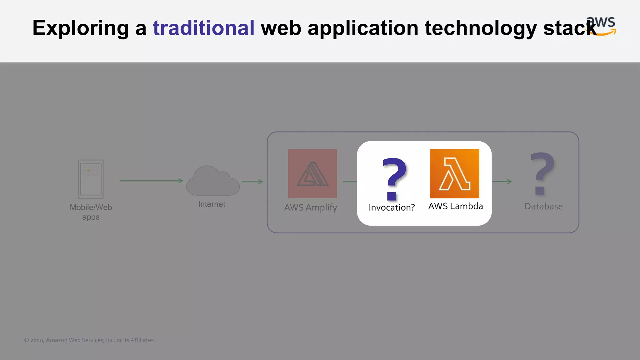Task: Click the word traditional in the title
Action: coord(203,28)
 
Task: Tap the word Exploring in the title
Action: coord(81,28)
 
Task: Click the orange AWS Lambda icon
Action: coord(454,173)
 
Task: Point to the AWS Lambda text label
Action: coord(455,206)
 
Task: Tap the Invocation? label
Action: coord(392,207)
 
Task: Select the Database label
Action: coord(543,207)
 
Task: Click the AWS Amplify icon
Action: coord(312,173)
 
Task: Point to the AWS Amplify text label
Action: coord(311,207)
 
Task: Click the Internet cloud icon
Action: coord(213,181)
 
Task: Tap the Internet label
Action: coord(212,204)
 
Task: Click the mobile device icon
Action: coord(91,179)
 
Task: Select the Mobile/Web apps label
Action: coord(91,212)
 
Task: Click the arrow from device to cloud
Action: coord(151,181)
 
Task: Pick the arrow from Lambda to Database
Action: coord(502,182)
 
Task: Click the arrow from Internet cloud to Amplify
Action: coord(252,182)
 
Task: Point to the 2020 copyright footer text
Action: coord(89,340)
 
